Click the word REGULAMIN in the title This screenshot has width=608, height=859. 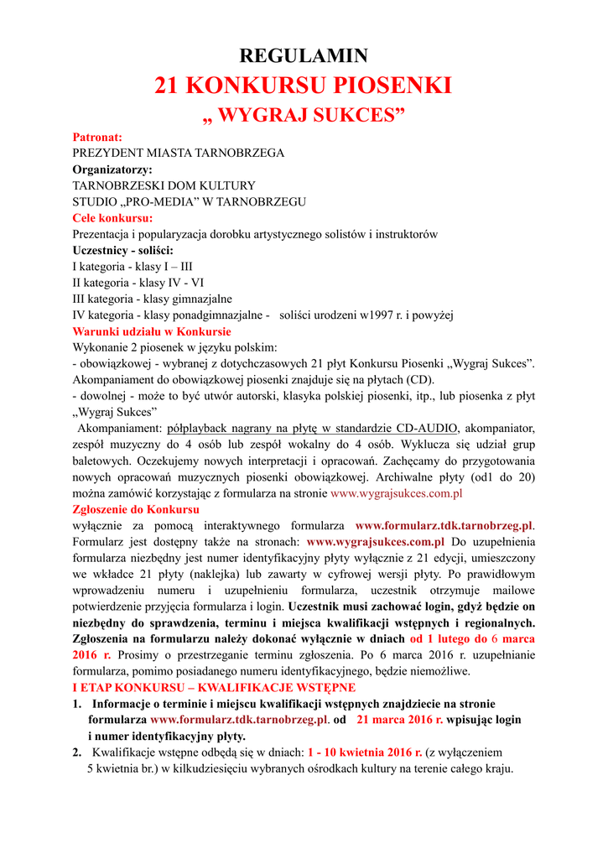pos(304,56)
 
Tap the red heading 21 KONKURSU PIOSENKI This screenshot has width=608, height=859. pos(304,86)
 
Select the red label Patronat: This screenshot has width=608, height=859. pos(97,137)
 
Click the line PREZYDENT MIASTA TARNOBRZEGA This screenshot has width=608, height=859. pos(178,153)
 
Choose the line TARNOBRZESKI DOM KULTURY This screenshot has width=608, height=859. pos(164,185)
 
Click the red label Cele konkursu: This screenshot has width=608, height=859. pos(118,218)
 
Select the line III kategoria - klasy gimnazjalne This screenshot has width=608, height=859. pos(153,299)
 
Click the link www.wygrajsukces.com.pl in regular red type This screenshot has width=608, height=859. pos(397,493)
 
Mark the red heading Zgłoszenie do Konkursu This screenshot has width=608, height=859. pos(136,509)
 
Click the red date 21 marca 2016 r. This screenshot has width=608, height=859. pos(400,720)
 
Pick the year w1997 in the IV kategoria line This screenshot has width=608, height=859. pos(380,315)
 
